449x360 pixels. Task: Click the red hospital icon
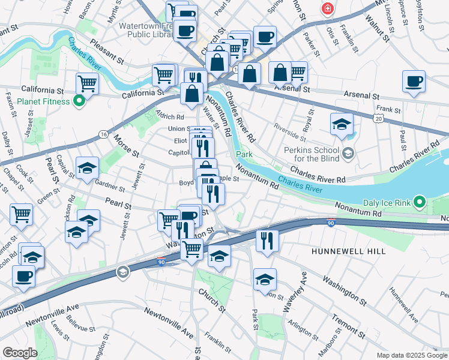[328, 8]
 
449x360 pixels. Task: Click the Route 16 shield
[104, 134]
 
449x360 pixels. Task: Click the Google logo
[19, 353]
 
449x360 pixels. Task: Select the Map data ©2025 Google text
[412, 355]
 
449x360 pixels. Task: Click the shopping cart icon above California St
[87, 83]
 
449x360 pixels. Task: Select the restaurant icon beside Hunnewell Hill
[267, 241]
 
